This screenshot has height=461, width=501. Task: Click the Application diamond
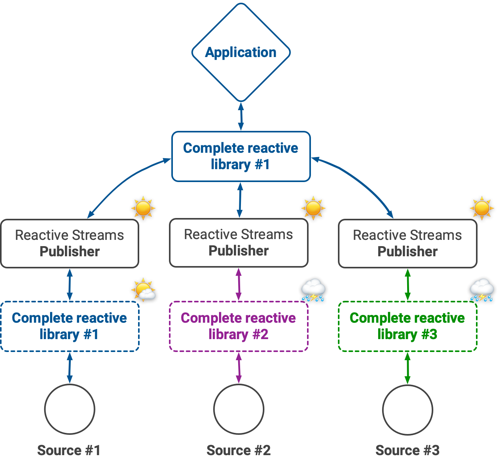[x=241, y=52]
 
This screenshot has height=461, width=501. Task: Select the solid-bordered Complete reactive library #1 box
[x=241, y=156]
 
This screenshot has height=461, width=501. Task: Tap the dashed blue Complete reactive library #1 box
[x=70, y=326]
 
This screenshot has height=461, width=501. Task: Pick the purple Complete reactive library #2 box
[x=239, y=326]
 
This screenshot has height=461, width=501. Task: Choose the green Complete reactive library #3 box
[x=408, y=326]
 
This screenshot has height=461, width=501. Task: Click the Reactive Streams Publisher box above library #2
[x=239, y=243]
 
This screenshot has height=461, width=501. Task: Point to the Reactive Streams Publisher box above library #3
[x=408, y=243]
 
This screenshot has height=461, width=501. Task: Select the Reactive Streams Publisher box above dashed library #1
[x=70, y=243]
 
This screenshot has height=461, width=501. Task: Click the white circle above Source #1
[x=70, y=409]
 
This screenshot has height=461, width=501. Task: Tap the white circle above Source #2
[x=239, y=409]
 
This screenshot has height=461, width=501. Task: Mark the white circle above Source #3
[x=408, y=409]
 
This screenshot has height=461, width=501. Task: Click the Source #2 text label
[x=239, y=450]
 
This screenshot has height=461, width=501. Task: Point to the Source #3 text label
[x=408, y=450]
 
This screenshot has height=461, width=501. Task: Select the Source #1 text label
[x=69, y=450]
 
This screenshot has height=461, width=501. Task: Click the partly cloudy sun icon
[x=144, y=289]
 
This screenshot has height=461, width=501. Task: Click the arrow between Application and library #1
[x=241, y=116]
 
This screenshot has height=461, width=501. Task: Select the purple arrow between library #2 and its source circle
[x=239, y=368]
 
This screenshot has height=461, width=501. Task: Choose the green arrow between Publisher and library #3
[x=408, y=284]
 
